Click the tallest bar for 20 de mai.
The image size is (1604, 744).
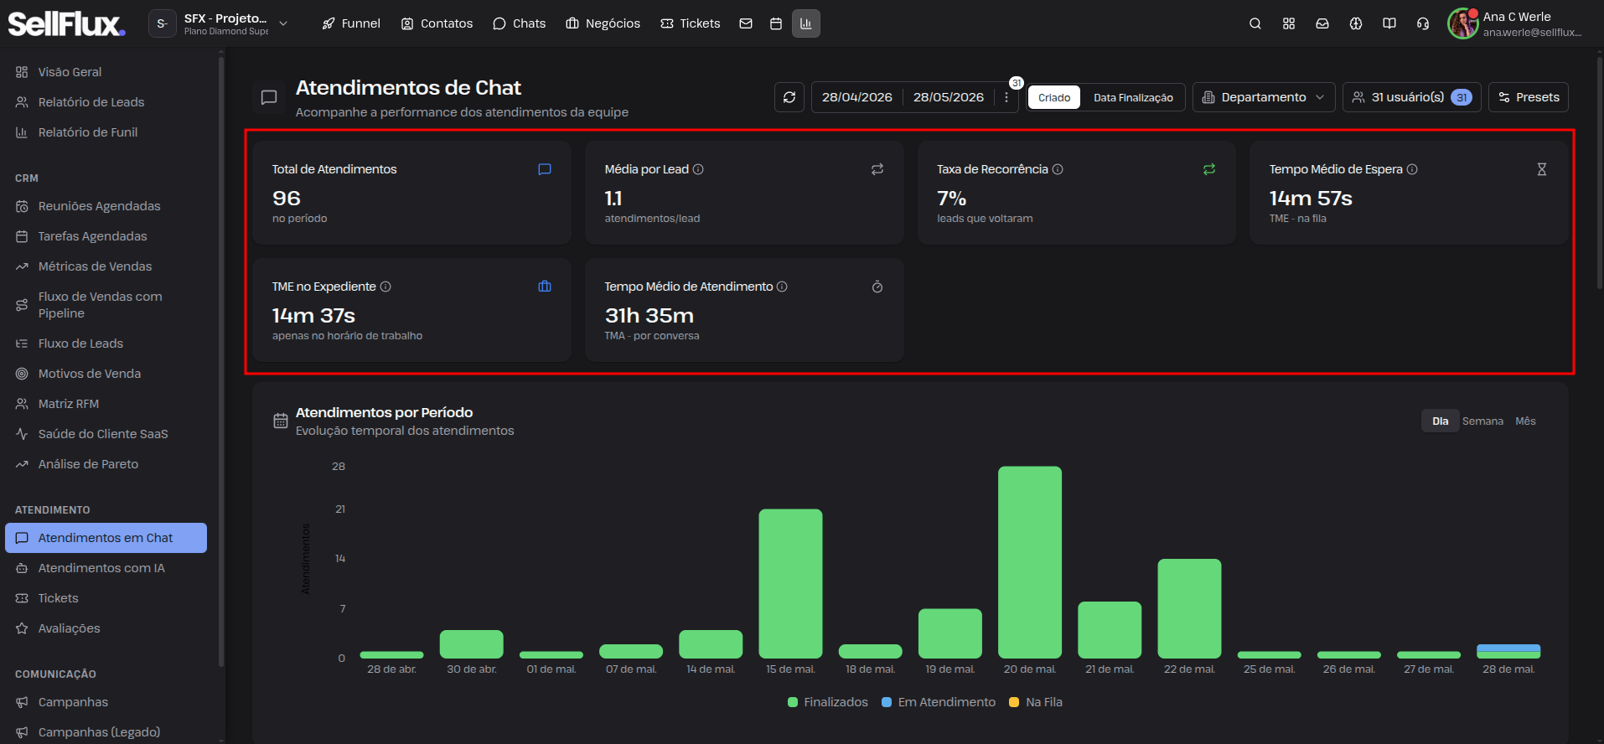point(1030,562)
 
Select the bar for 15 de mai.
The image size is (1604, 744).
point(790,583)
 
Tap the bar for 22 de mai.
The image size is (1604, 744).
point(1189,608)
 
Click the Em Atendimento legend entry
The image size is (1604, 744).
point(939,702)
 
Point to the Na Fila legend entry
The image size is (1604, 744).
point(1036,702)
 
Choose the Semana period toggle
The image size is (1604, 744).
point(1482,421)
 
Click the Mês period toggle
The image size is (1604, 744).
point(1525,421)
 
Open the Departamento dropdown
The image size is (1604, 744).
point(1264,97)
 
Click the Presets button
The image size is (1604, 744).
point(1529,97)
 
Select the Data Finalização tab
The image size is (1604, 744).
point(1133,98)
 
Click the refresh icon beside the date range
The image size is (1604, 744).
point(789,97)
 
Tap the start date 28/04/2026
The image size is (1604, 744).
point(856,97)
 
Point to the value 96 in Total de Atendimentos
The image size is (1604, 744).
point(287,199)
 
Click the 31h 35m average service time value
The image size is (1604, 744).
point(649,316)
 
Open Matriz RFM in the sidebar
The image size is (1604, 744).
point(69,404)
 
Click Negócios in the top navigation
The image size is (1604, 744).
point(603,23)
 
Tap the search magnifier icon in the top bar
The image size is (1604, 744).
point(1255,23)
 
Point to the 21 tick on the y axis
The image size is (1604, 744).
point(340,509)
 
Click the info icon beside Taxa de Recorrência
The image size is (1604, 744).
point(1058,169)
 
